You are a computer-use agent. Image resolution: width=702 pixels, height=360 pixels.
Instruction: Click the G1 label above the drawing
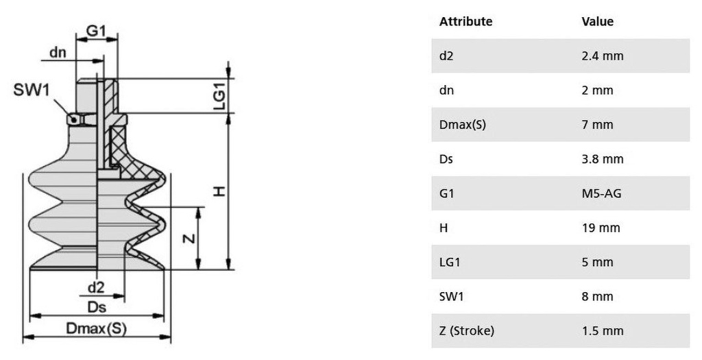(96, 30)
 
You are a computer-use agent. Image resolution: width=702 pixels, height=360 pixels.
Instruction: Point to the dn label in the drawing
(58, 52)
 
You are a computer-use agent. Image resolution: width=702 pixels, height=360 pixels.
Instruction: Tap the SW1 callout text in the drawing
(32, 90)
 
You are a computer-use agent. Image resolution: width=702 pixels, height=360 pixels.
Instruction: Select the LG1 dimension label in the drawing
(219, 97)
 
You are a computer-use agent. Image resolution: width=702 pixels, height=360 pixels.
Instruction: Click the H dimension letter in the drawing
(219, 191)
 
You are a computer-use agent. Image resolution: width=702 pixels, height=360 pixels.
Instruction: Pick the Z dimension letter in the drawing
(189, 238)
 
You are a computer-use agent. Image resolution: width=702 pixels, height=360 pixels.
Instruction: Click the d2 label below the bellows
(96, 287)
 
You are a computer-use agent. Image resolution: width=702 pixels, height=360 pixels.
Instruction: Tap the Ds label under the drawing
(97, 307)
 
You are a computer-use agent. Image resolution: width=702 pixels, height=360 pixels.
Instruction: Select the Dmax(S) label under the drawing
(96, 328)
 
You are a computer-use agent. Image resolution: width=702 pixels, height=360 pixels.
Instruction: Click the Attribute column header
(465, 21)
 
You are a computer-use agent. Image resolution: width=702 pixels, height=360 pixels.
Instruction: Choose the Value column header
(597, 21)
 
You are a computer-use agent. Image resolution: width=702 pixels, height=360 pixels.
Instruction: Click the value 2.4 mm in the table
(602, 56)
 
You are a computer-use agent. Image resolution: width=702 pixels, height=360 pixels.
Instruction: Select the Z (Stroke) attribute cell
(466, 331)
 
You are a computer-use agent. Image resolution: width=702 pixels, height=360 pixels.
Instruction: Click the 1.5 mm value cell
(602, 331)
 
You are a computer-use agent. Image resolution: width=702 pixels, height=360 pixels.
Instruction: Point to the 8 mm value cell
(597, 296)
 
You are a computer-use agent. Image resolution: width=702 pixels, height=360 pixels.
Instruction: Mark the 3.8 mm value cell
(602, 159)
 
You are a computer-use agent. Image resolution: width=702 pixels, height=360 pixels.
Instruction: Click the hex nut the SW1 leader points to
(81, 119)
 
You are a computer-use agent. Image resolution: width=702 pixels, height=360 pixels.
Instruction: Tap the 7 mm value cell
(597, 125)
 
